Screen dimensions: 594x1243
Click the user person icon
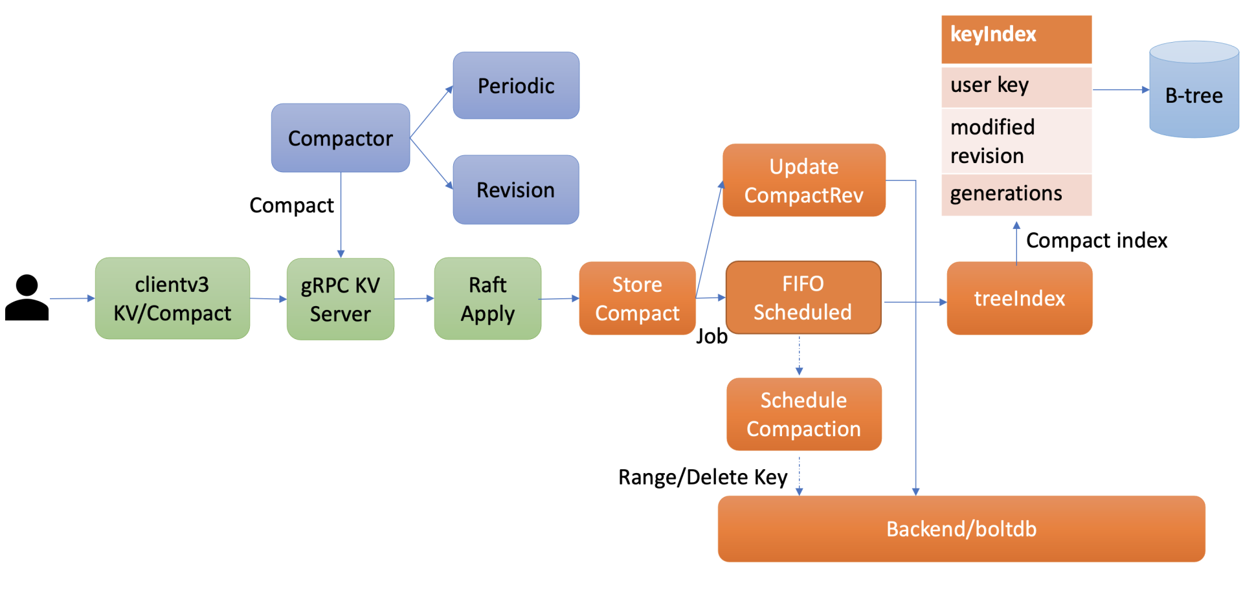pos(27,298)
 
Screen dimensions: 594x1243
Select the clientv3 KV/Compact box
pos(172,298)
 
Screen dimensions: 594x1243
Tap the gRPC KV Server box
pos(340,299)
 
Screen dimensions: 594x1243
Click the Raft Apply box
pos(487,298)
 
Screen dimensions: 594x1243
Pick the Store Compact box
pos(637,298)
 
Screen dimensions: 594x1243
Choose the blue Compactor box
pos(340,138)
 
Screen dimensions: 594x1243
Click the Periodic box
pos(516,85)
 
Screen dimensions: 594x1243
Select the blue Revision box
pos(516,190)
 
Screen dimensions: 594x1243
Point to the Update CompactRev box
pos(803,180)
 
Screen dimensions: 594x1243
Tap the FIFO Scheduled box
pos(803,298)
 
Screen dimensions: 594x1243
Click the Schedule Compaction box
pos(803,414)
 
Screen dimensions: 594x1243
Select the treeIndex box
pos(1019,298)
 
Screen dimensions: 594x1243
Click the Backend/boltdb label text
pos(961,529)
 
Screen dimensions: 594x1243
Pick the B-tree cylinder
pos(1194,90)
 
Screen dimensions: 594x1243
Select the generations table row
pos(1016,194)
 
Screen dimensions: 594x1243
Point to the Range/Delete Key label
pos(702,477)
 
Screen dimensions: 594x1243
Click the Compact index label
pos(1096,240)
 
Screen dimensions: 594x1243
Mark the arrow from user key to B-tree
pos(1120,90)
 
